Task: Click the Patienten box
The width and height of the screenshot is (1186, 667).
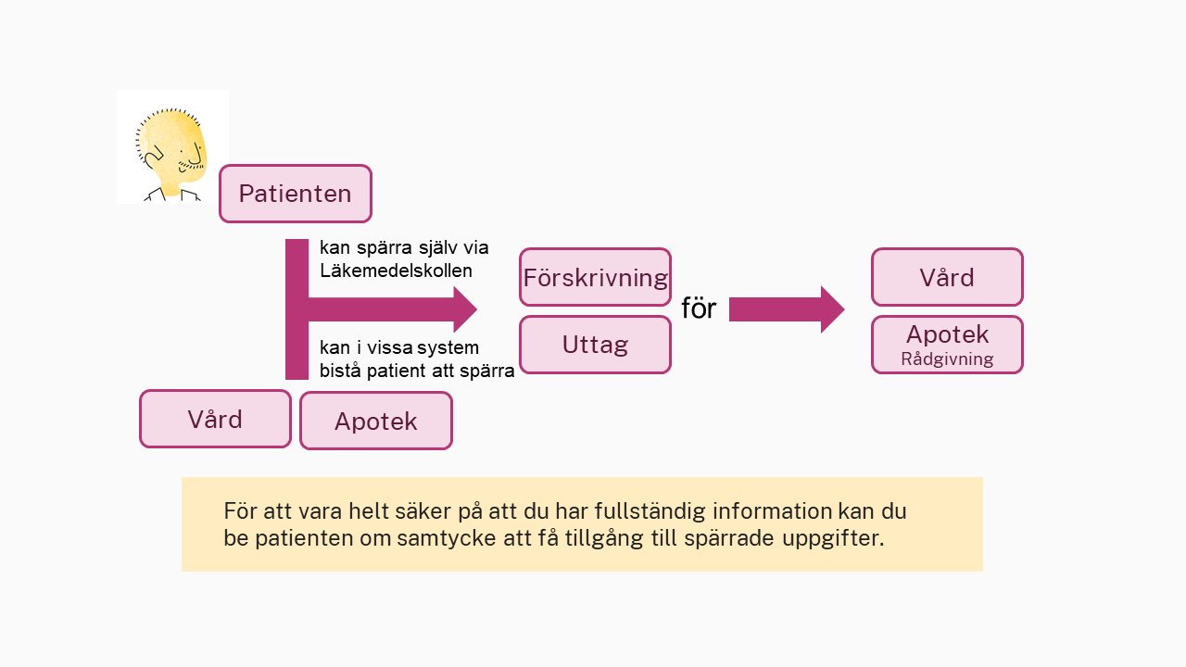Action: coord(296,194)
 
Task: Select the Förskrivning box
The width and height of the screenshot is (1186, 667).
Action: coord(595,277)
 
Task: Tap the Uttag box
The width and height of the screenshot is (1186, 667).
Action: coord(595,345)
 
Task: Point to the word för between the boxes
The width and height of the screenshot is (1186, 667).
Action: coord(699,308)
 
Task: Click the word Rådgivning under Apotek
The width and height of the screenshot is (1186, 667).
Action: coord(947,359)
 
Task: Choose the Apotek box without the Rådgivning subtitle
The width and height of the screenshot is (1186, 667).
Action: coord(376,421)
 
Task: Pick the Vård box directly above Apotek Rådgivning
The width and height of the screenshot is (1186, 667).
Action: coord(947,277)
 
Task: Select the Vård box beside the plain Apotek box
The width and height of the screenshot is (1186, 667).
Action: coord(215,420)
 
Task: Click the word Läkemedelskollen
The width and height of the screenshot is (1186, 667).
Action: coord(396,271)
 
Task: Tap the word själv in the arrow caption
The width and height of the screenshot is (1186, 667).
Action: coord(439,247)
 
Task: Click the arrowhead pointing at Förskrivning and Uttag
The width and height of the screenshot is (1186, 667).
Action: coord(465,309)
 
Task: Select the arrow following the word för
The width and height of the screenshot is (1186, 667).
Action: coord(787,309)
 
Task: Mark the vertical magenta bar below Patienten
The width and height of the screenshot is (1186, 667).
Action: coord(296,309)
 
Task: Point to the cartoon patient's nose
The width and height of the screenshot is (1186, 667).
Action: coord(196,154)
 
